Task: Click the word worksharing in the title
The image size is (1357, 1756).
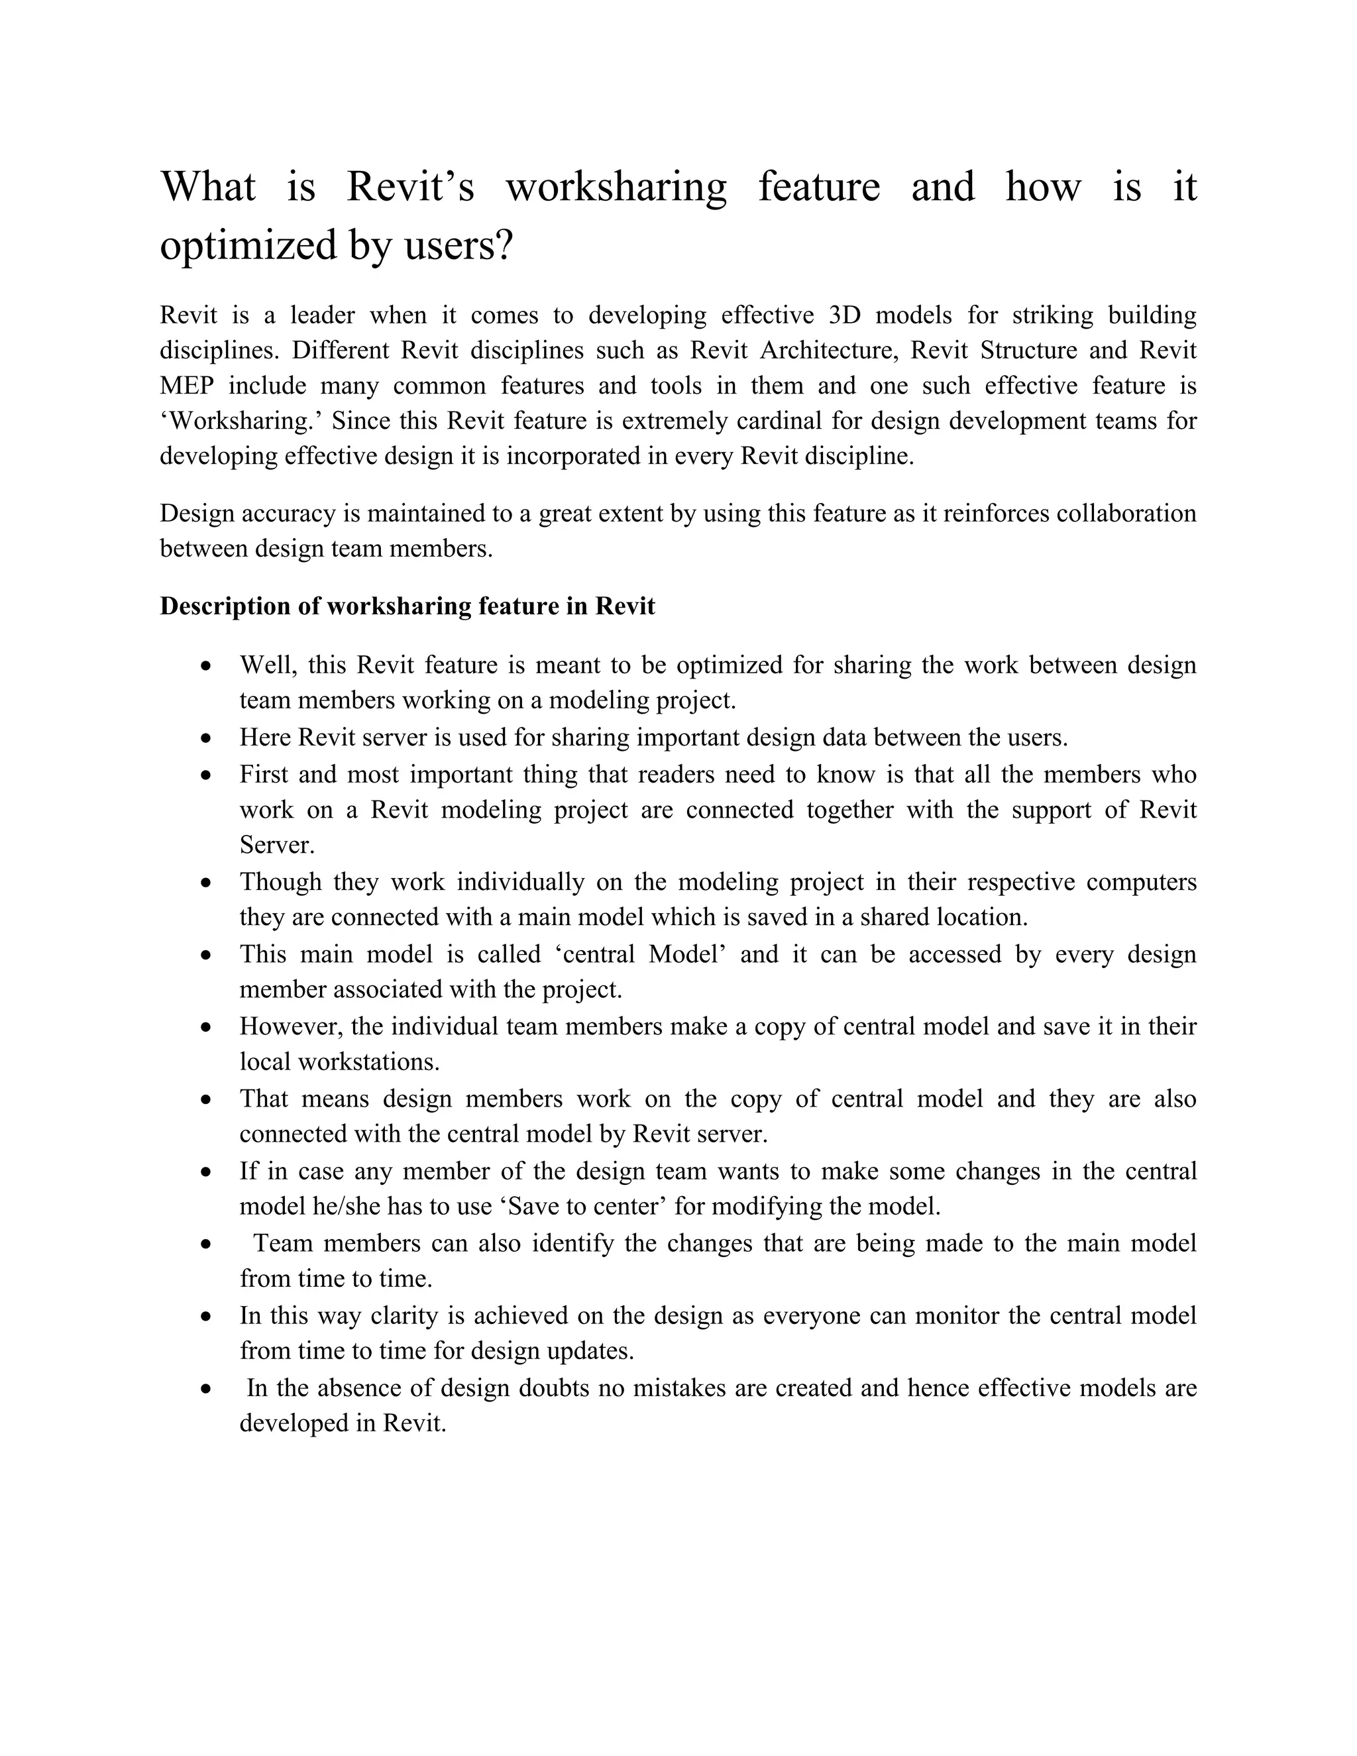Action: (616, 187)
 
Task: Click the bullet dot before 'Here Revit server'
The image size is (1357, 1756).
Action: (207, 738)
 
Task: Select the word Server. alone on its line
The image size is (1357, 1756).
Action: (276, 845)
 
